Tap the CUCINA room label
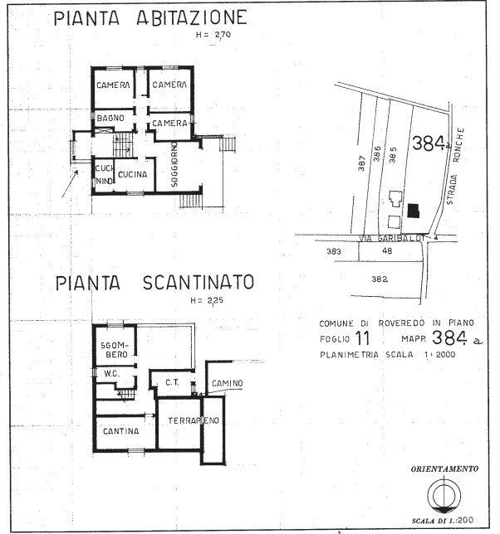click(131, 174)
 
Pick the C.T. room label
click(173, 382)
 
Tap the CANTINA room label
click(120, 432)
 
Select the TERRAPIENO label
click(193, 421)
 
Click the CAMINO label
click(226, 382)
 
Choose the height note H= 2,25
click(207, 300)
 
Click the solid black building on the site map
click(413, 211)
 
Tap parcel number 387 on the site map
click(362, 163)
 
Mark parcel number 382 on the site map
click(380, 279)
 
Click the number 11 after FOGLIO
click(362, 338)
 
